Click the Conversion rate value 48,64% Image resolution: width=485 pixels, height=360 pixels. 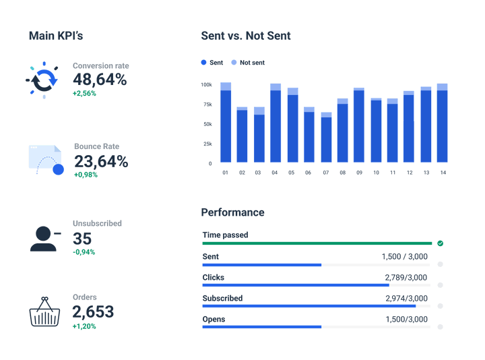point(100,80)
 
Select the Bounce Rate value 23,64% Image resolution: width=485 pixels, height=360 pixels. point(101,162)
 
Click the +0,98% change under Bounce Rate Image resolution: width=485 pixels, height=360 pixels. point(85,175)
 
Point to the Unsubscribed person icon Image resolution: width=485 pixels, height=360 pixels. point(44,237)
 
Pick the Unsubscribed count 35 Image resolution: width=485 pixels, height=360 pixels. point(82,239)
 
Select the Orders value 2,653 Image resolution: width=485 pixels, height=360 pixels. point(93,312)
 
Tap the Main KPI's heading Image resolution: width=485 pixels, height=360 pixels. point(56,36)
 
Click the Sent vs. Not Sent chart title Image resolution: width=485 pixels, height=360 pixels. point(246,36)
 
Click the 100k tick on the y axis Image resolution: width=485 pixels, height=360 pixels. point(206,85)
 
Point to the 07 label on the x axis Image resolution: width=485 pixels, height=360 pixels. point(326,173)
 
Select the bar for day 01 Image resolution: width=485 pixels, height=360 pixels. point(226,123)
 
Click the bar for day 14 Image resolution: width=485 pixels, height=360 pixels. point(442,123)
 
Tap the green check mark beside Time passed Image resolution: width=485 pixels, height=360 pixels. point(440,243)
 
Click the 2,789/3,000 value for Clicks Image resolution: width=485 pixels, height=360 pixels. point(406,278)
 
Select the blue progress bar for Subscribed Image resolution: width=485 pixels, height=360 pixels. point(309,306)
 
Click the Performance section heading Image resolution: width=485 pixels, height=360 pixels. point(232,212)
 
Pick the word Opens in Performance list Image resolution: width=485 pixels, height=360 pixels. point(214,320)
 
